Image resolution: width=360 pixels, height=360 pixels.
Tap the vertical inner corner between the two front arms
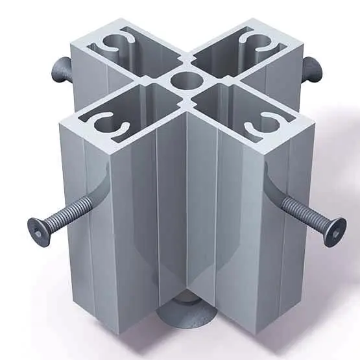click(187, 208)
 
